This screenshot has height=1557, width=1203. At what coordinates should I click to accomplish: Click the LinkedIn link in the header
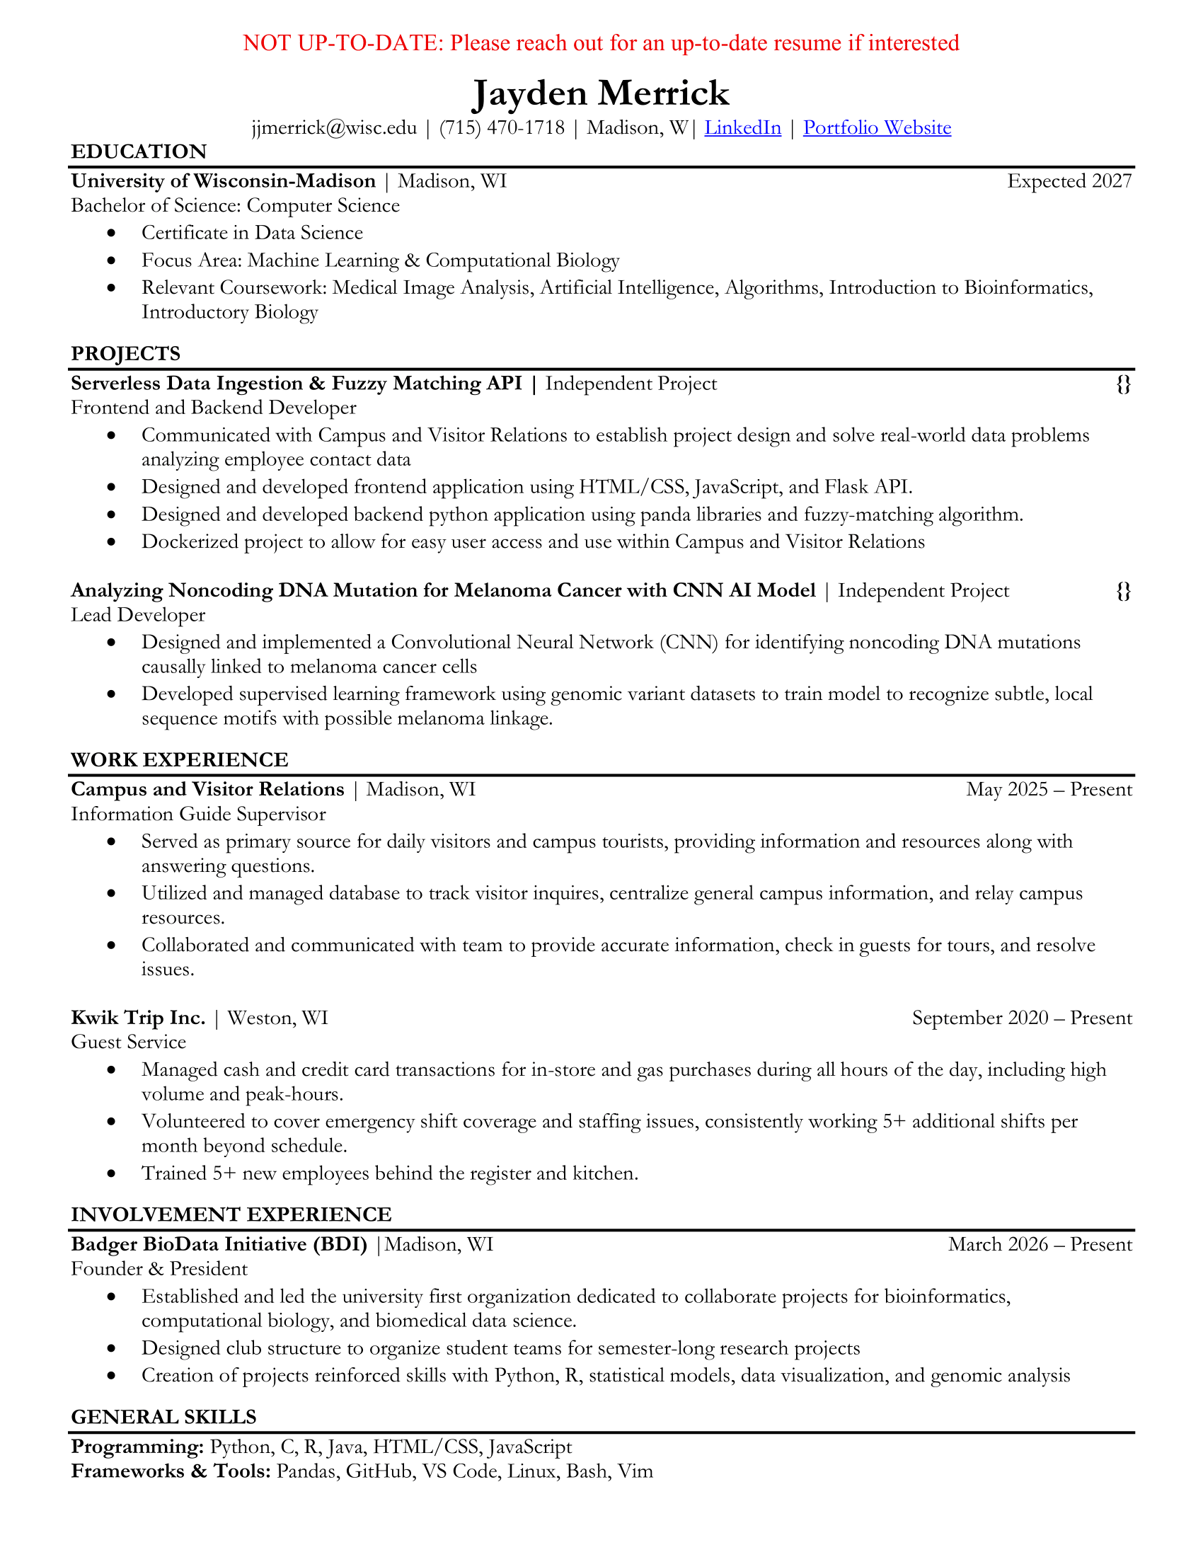click(742, 127)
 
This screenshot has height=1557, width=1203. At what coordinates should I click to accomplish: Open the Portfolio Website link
click(877, 127)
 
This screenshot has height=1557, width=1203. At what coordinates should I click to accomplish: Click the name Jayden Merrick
click(601, 93)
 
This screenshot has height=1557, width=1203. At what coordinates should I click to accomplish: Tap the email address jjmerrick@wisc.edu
click(334, 127)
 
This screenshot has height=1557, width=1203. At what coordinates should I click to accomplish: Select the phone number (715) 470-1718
click(502, 127)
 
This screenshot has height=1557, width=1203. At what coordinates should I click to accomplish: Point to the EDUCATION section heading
click(139, 152)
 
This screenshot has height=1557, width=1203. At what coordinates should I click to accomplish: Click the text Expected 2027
click(1069, 181)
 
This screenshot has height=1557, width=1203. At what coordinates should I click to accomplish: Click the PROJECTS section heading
click(125, 354)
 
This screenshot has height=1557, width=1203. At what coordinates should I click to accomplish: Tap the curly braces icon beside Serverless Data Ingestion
click(1123, 384)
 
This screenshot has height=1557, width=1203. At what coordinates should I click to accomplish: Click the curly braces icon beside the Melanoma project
click(1123, 591)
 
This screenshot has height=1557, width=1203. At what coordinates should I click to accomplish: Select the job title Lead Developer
click(137, 614)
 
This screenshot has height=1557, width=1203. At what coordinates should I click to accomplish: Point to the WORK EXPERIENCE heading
click(180, 760)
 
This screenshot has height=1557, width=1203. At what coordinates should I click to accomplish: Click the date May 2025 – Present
click(1049, 789)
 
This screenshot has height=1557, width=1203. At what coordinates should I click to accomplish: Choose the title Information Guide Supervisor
click(198, 814)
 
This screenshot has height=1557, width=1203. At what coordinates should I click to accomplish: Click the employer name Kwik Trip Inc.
click(138, 1017)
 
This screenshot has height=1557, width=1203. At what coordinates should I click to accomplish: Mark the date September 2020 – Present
click(1022, 1017)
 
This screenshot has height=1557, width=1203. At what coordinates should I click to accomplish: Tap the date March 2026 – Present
click(1040, 1244)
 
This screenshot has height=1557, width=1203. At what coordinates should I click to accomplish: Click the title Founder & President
click(159, 1269)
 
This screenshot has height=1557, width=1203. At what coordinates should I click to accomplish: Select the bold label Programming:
click(137, 1447)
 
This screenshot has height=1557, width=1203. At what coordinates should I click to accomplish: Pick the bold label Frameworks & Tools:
click(171, 1471)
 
